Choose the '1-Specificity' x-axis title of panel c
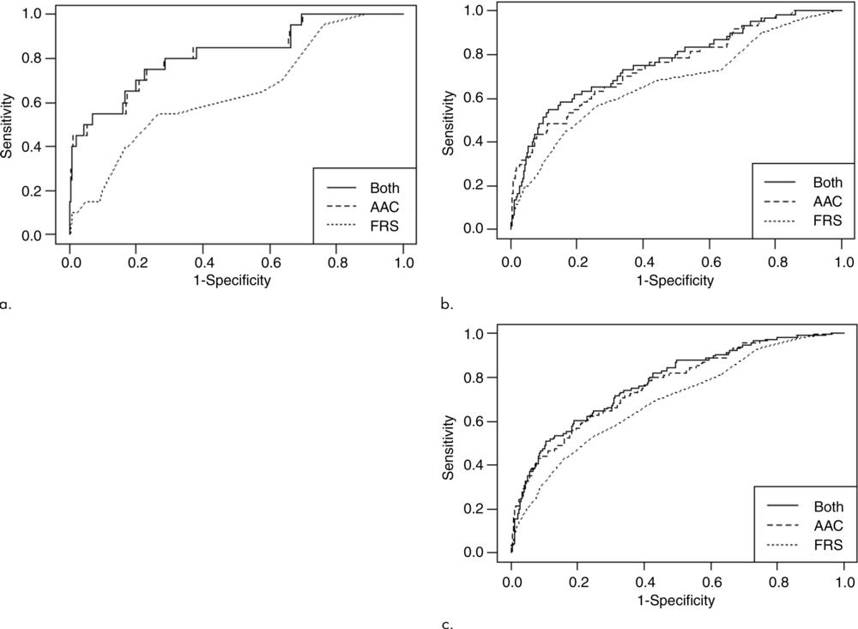coord(678,601)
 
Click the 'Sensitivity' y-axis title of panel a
coord(8,125)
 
